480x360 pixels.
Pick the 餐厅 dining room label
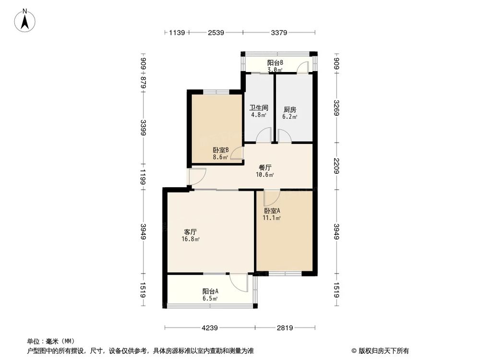point(265,168)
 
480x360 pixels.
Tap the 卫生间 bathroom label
point(258,108)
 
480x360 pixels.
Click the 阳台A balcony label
point(210,291)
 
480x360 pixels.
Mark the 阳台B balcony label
point(275,62)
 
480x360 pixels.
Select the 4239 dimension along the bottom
point(209,328)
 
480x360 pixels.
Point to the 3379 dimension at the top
point(279,33)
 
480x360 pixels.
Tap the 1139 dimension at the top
point(177,33)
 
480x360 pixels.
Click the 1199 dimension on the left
point(143,176)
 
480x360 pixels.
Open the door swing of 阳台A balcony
point(237,282)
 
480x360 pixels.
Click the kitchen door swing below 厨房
point(284,137)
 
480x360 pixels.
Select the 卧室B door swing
point(236,154)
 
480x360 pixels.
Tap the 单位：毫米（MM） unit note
point(49,342)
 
